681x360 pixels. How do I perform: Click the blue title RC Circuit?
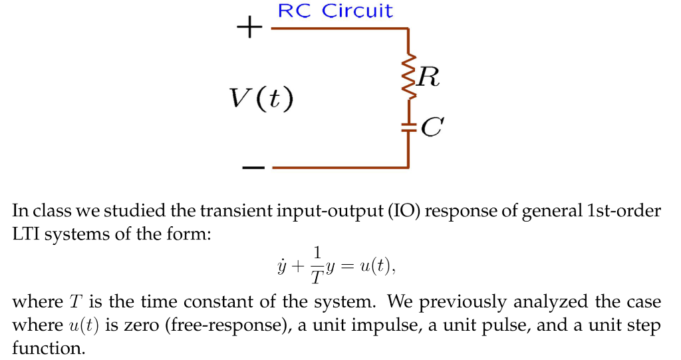(335, 11)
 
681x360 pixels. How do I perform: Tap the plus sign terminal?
(249, 29)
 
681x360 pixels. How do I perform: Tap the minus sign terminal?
(253, 167)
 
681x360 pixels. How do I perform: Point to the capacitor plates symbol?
(408, 127)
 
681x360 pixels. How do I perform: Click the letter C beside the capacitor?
(432, 127)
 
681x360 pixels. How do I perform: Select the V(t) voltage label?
(261, 98)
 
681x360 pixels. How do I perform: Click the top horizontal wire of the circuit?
(339, 29)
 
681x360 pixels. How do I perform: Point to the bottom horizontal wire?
(339, 168)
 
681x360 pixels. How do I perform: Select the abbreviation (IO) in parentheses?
(400, 212)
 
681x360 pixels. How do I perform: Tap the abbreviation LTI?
(27, 234)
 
